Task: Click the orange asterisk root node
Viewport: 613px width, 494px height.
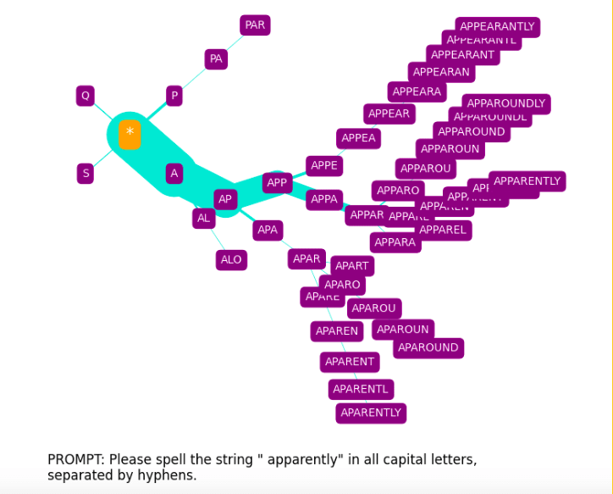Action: (130, 134)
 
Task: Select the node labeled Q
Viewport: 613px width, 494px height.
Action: (85, 96)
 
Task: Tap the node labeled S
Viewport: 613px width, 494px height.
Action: (85, 174)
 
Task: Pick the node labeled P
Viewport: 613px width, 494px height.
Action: (174, 96)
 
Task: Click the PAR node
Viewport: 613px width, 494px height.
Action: (255, 25)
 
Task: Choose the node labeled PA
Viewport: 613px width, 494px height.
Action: (216, 59)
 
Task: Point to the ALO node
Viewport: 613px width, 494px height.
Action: (231, 260)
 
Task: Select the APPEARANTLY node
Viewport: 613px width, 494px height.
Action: (497, 26)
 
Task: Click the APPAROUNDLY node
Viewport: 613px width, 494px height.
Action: (506, 103)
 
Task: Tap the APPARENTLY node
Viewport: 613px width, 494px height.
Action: (527, 180)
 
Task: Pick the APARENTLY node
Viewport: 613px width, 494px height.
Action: (371, 413)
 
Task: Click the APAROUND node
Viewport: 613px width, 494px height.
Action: (428, 347)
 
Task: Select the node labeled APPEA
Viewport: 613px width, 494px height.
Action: (359, 138)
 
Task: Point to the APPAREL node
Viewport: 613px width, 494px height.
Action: (443, 230)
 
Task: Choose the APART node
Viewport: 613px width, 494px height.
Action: (352, 266)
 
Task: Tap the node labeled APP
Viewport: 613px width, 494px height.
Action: (277, 182)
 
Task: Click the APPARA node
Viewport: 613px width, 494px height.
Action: (395, 243)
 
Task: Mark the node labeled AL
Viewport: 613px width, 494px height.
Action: (203, 218)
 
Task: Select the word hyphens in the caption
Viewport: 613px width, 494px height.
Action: (171, 476)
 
